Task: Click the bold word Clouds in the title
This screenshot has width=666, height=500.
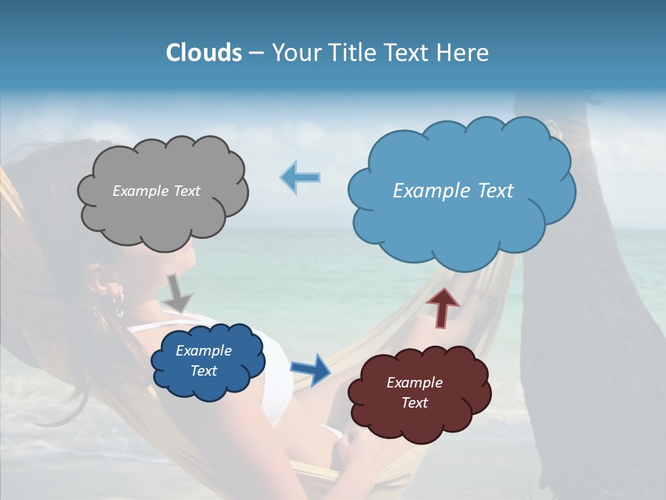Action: click(x=204, y=53)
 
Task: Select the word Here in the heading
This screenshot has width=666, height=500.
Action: click(x=464, y=53)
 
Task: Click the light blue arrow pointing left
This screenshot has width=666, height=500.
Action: click(x=300, y=177)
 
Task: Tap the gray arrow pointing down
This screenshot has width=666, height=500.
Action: click(x=178, y=292)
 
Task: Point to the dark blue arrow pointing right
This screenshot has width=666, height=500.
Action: click(x=311, y=369)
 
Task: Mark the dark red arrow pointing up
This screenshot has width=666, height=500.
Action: click(x=443, y=306)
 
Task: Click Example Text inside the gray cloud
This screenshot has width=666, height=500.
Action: click(x=156, y=191)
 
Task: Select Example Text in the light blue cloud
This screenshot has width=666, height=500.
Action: click(x=453, y=191)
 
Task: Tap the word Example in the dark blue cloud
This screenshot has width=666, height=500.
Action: click(x=203, y=351)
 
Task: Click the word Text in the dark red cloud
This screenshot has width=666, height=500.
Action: click(x=414, y=403)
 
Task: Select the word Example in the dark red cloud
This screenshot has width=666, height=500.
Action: click(x=414, y=383)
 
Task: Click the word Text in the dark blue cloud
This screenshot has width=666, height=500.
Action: click(x=203, y=371)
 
